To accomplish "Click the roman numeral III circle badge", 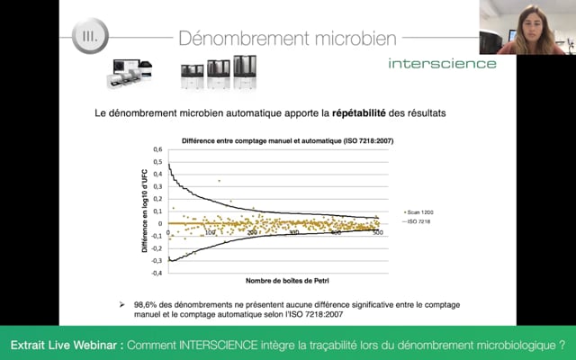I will (91, 39).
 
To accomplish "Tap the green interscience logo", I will (442, 63).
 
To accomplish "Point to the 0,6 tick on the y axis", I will (157, 149).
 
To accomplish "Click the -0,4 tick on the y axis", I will (156, 273).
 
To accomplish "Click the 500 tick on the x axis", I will (378, 233).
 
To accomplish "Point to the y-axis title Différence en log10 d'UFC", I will (143, 211).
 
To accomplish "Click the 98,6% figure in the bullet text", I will (148, 305).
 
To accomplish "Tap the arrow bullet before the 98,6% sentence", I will (122, 305).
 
